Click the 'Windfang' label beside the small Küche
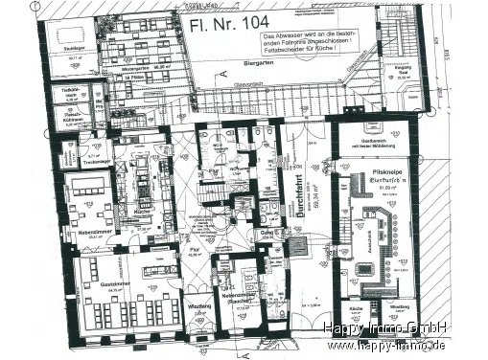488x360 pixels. [399, 306]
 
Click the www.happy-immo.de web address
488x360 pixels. [388, 346]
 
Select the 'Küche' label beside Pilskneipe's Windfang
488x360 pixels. [355, 308]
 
